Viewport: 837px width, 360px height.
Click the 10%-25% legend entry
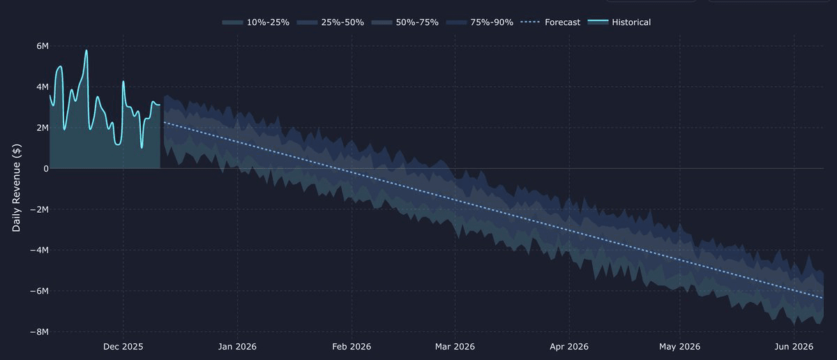coord(266,22)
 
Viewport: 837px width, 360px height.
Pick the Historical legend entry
coord(620,22)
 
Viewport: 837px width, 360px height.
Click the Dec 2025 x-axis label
coord(123,346)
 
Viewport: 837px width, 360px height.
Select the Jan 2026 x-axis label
coord(236,346)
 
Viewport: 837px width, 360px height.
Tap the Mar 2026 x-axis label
coord(455,346)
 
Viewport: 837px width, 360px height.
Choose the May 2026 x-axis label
coord(679,346)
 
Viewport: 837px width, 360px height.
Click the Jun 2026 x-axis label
coord(794,346)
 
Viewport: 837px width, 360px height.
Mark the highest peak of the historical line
coord(86,50)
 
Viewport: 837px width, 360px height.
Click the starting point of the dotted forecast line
coord(164,122)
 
